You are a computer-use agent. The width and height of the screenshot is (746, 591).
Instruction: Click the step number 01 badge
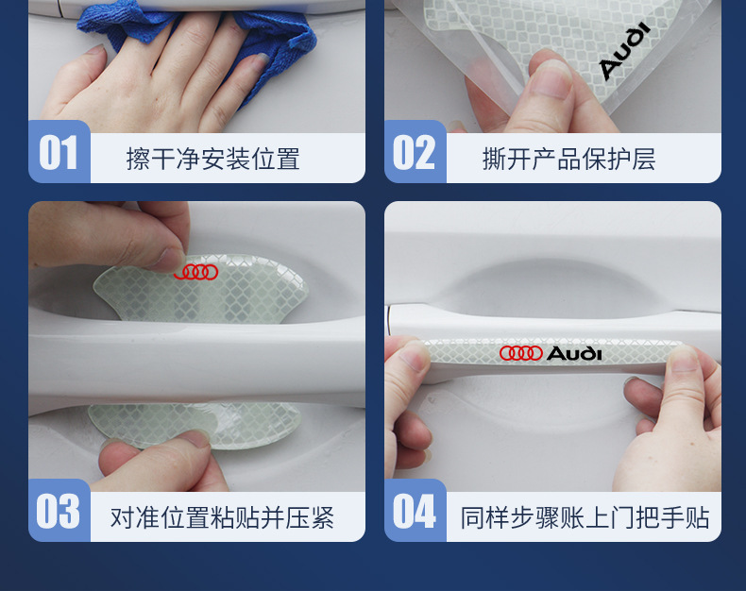(x=59, y=152)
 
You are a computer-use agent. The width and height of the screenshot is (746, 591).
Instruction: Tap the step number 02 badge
(x=415, y=152)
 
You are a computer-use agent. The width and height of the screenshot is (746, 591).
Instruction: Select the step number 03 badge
(x=59, y=511)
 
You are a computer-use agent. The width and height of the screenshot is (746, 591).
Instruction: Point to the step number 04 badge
(x=415, y=511)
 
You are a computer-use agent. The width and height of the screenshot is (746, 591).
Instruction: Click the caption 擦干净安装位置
(x=212, y=159)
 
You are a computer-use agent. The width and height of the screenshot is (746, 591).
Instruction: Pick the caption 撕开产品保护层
(x=569, y=159)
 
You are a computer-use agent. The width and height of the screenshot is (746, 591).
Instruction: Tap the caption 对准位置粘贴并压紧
(x=222, y=517)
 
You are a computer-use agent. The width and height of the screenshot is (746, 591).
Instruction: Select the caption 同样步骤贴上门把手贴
(x=585, y=517)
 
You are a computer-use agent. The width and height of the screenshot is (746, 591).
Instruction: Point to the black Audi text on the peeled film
(x=624, y=50)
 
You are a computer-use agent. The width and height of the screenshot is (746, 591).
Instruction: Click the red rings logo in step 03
(x=196, y=272)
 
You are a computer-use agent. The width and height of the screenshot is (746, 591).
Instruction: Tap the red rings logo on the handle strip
(x=521, y=353)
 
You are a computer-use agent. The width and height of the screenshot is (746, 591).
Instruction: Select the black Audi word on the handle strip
(x=574, y=353)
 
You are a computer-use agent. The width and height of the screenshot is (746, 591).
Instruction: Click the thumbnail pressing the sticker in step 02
(x=550, y=77)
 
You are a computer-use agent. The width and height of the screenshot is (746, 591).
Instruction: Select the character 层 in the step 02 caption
(x=644, y=159)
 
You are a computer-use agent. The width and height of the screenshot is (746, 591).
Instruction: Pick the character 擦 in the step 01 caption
(x=139, y=159)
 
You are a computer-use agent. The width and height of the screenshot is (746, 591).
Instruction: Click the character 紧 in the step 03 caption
(x=322, y=517)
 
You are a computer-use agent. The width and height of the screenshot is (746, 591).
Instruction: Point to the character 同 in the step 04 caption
(x=472, y=517)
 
